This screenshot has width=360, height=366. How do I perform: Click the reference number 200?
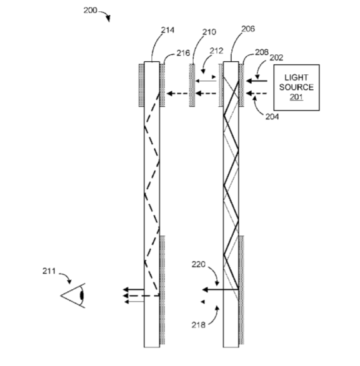[x=90, y=10]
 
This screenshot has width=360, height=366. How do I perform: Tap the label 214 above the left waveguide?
[x=167, y=30]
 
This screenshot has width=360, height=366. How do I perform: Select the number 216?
[x=183, y=53]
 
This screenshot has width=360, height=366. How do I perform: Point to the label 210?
[x=209, y=32]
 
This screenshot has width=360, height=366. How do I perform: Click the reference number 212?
[x=216, y=51]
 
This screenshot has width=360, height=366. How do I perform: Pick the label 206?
[x=248, y=29]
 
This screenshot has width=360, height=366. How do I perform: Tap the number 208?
[x=261, y=52]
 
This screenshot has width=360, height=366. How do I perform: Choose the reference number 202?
[x=277, y=57]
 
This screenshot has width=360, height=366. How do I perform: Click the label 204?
[x=272, y=116]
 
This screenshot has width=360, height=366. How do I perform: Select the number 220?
[x=199, y=264]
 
